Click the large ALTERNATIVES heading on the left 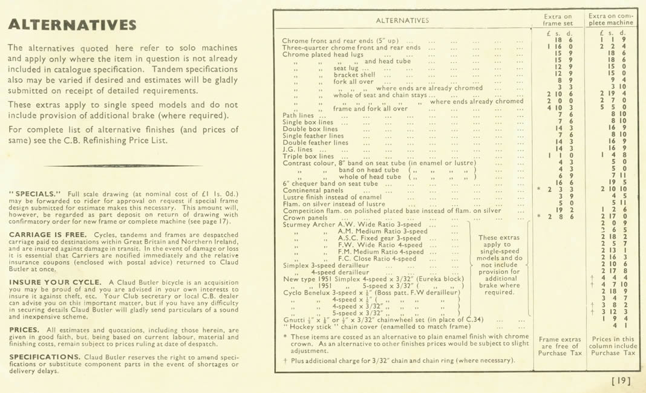[x=72, y=25]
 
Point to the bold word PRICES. [x=24, y=330]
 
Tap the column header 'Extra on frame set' [x=557, y=20]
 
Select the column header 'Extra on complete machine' [x=612, y=20]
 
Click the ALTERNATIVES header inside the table [x=402, y=20]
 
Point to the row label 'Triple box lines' [x=308, y=156]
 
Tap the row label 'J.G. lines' [x=298, y=149]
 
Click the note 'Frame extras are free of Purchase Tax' [x=557, y=346]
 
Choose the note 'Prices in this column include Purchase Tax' [x=613, y=346]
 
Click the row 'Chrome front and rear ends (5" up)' [x=340, y=41]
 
